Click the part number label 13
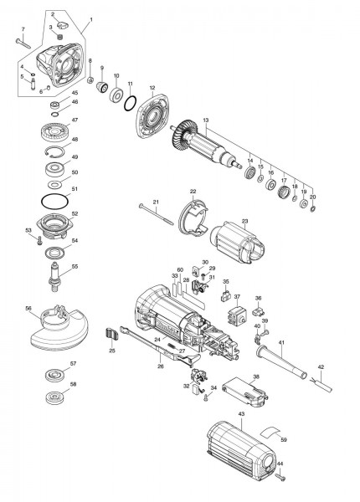[204, 120]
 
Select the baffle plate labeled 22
[193, 219]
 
